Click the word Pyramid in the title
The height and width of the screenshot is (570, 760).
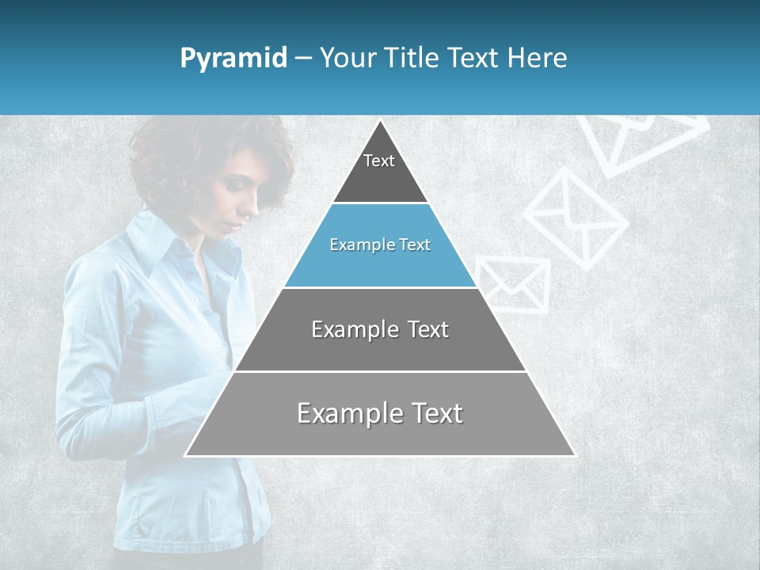(x=234, y=59)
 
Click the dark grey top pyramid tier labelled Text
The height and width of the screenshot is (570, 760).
(x=379, y=170)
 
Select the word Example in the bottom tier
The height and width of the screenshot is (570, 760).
(x=348, y=413)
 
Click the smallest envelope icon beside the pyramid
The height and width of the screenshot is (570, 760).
(x=513, y=283)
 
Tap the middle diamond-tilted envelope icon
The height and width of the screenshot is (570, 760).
(x=576, y=218)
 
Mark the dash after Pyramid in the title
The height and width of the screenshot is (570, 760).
(x=303, y=59)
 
